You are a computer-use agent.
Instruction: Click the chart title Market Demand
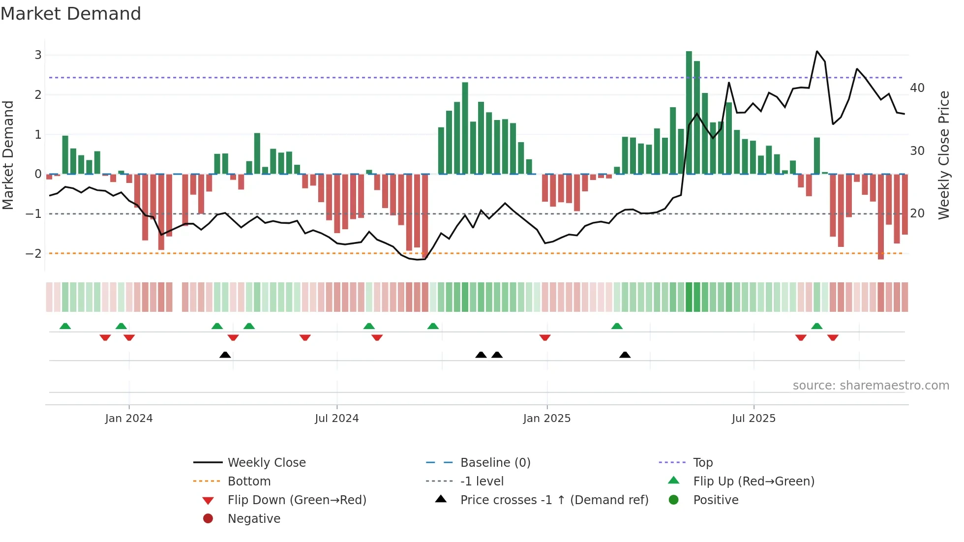click(71, 14)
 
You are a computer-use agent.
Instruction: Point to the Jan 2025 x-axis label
click(546, 419)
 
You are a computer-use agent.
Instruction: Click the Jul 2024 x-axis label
click(336, 419)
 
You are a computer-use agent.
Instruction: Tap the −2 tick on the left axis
click(33, 253)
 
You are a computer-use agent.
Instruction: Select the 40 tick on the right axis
click(917, 88)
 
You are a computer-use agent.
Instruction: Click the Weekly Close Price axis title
click(943, 155)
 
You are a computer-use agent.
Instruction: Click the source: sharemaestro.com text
click(871, 385)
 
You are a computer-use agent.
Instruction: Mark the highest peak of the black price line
click(817, 51)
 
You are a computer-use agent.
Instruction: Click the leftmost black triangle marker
click(225, 355)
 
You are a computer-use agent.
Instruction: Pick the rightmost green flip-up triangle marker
click(816, 326)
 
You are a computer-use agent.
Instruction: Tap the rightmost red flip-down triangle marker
click(833, 337)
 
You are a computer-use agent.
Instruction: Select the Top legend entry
click(703, 462)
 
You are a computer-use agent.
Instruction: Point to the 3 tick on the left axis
click(38, 55)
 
